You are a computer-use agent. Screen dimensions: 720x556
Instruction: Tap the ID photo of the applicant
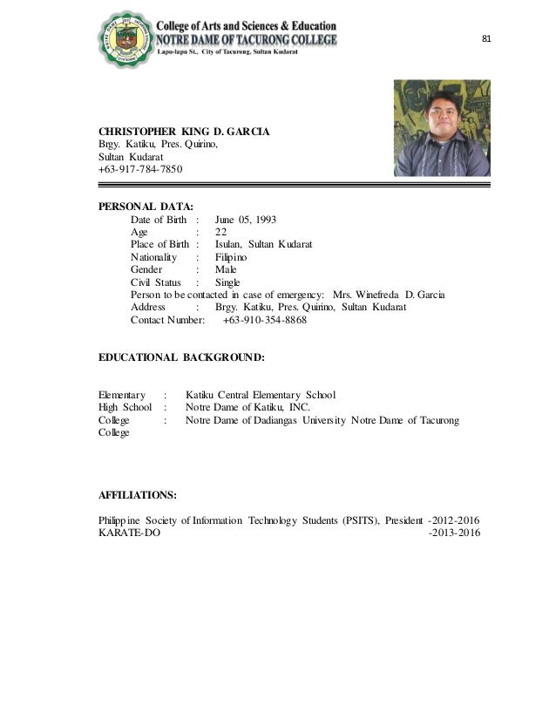coord(442,128)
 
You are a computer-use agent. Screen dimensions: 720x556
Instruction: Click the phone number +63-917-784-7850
coord(140,169)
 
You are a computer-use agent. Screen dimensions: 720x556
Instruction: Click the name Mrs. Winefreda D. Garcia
coord(396,295)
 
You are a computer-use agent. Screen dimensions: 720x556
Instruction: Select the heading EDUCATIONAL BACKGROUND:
coord(181,357)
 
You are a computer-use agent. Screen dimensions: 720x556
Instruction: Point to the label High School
coord(125,407)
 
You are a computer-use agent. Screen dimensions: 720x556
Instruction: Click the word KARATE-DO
coord(130,533)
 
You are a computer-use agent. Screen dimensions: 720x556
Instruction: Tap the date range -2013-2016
coord(455,533)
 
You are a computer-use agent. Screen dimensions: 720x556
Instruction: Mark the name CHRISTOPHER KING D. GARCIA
coord(184,132)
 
